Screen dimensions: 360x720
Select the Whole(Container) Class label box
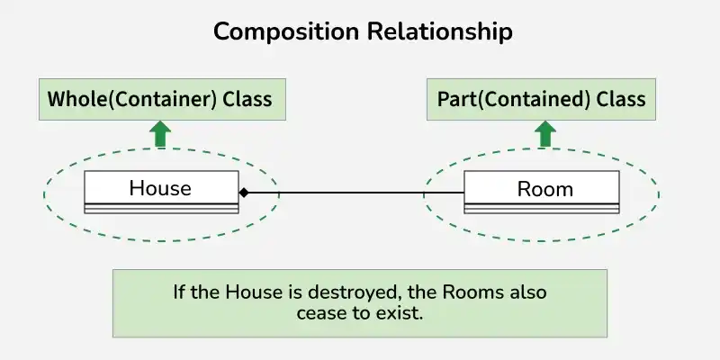point(161,98)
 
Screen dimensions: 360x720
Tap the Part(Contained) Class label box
point(541,98)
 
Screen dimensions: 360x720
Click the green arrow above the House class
point(160,135)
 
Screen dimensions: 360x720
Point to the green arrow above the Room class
point(544,135)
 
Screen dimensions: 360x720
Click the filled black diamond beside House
point(244,193)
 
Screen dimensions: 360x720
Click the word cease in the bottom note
point(319,314)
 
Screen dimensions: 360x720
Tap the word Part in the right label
point(456,98)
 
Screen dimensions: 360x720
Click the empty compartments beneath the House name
point(161,208)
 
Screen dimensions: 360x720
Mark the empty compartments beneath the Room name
point(542,208)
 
